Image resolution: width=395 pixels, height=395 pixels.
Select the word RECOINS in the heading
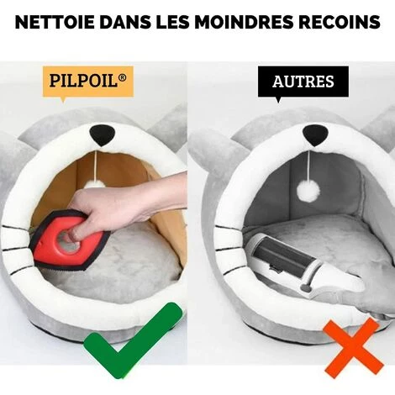pos(340,22)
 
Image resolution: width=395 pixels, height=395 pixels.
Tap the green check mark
pos(133,340)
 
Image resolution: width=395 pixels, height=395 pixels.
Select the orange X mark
pos(353,348)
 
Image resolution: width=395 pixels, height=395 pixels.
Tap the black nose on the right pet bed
pos(315,134)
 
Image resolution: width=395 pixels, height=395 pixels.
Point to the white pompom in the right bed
pos(308,191)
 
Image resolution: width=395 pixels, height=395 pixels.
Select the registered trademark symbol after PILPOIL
pos(122,77)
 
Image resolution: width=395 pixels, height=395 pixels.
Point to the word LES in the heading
pos(172,22)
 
